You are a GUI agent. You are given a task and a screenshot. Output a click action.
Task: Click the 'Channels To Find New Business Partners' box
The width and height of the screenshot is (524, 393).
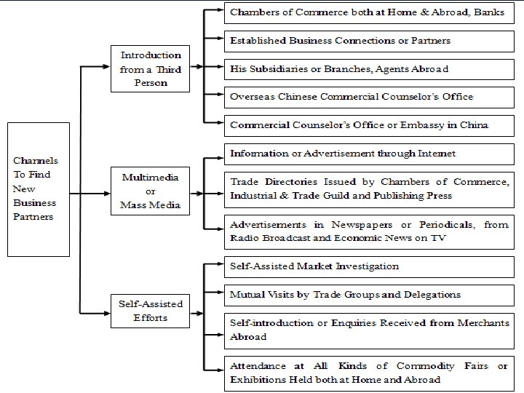[39, 189]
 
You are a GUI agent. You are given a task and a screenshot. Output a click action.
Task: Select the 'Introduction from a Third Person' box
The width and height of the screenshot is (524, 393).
[151, 69]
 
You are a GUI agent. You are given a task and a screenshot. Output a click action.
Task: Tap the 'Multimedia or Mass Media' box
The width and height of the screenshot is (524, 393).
[151, 191]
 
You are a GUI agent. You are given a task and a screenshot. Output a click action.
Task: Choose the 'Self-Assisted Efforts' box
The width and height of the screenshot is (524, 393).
[151, 311]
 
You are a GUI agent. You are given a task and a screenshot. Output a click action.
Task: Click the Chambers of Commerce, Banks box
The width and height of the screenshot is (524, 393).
[367, 13]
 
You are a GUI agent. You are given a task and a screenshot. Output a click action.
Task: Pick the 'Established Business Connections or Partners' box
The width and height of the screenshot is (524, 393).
[367, 41]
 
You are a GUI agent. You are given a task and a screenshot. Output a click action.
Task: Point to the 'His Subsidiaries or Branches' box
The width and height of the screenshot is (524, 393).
[367, 69]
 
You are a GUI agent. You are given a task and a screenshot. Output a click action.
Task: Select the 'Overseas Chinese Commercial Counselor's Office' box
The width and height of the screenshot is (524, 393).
[367, 97]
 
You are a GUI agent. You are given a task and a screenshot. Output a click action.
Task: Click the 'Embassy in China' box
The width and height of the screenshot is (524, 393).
[367, 124]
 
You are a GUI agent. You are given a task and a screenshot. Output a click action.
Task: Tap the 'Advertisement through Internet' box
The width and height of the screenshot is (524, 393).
[367, 154]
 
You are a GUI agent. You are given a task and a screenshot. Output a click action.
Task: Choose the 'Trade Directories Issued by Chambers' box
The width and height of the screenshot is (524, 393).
[367, 188]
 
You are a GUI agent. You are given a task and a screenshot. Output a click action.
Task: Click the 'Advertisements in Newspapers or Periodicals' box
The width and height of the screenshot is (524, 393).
[367, 231]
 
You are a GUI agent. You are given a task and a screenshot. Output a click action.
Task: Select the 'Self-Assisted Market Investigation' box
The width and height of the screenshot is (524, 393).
[367, 266]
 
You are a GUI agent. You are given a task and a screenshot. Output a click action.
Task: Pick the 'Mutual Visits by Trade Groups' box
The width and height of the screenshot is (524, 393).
[367, 295]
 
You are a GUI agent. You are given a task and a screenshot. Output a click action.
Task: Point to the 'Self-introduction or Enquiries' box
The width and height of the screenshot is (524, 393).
[367, 330]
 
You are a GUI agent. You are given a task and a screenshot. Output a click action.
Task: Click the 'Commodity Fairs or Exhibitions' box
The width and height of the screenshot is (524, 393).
[367, 372]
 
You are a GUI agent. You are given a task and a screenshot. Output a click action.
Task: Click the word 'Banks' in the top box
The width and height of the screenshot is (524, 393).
[488, 13]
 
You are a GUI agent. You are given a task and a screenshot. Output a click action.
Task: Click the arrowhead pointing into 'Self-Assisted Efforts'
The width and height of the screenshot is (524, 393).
[106, 313]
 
